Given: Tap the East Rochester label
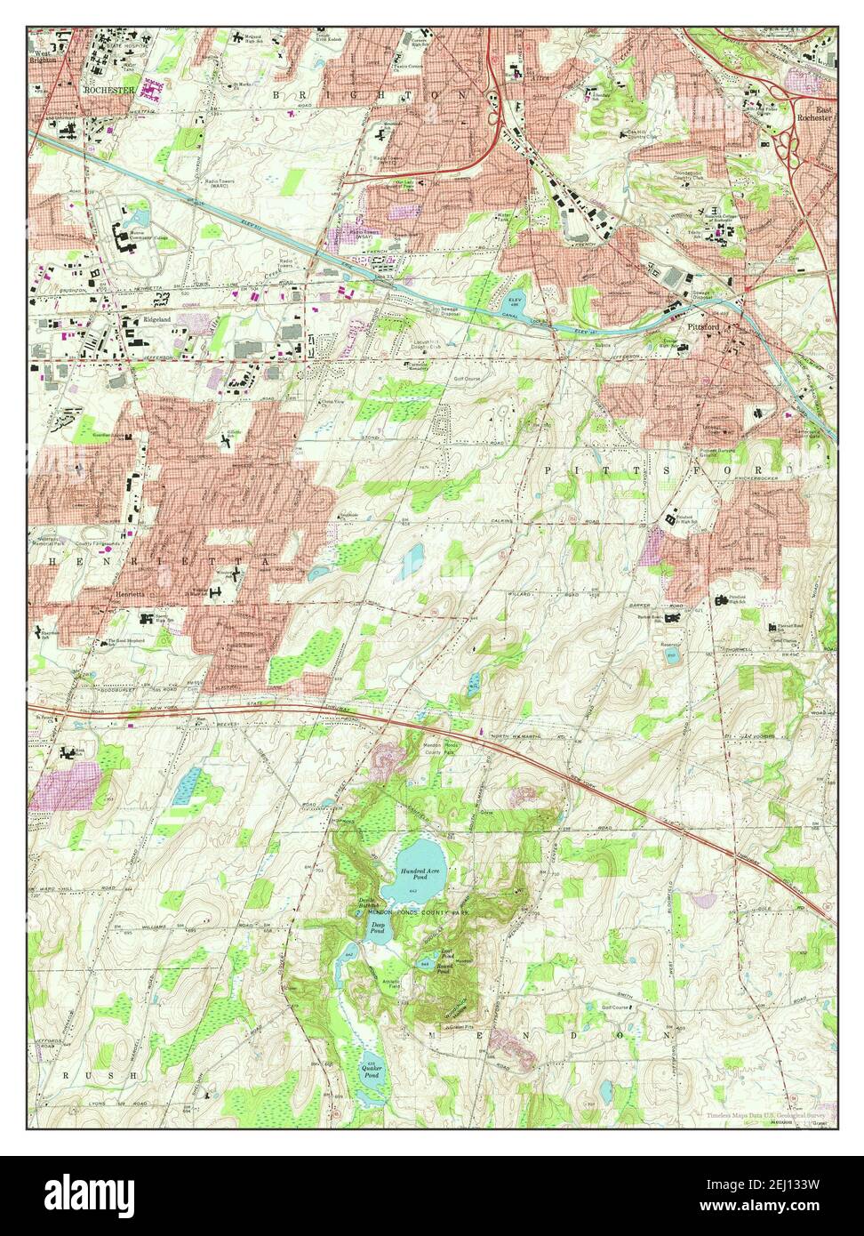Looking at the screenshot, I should tap(812, 111).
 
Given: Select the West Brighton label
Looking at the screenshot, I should tap(43, 56).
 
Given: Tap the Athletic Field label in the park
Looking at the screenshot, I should tap(393, 983).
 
